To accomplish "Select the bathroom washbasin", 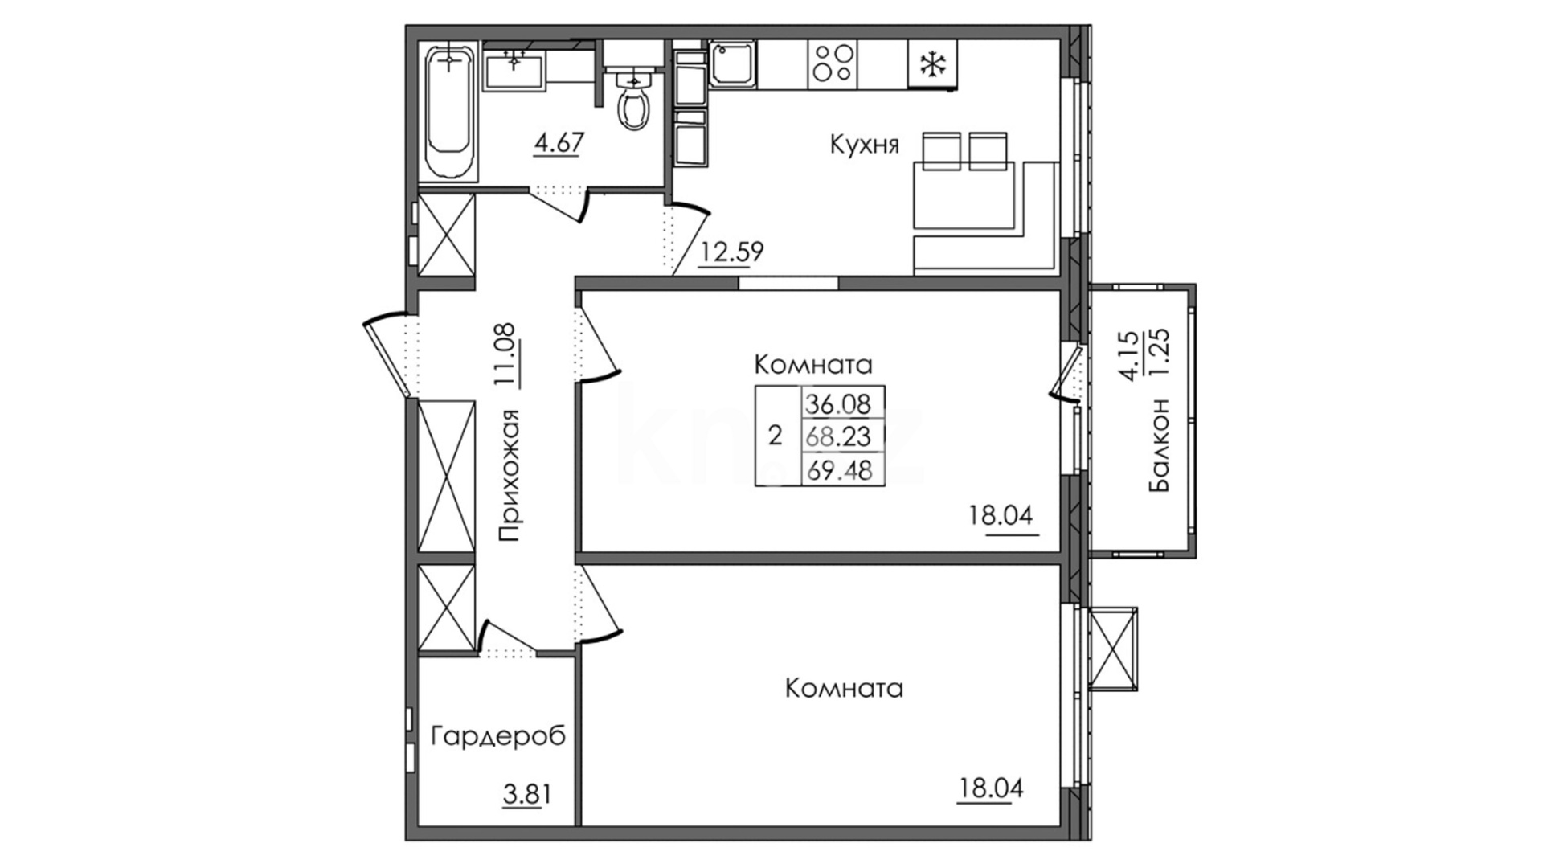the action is point(515,69).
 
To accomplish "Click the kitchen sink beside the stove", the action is point(733,63).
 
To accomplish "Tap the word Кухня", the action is point(865,145).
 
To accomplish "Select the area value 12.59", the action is point(731,252).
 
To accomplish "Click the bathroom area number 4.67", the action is point(559,144).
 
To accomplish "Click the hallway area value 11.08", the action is point(509,354).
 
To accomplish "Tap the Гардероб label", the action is point(498,736).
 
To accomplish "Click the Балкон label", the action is point(1160,444).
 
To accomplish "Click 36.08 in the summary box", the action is point(839,404).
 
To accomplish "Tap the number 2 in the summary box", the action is point(775,436).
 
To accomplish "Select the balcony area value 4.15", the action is point(1131,355).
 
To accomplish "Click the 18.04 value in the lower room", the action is point(991,788).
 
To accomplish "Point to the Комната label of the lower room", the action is point(844,689).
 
